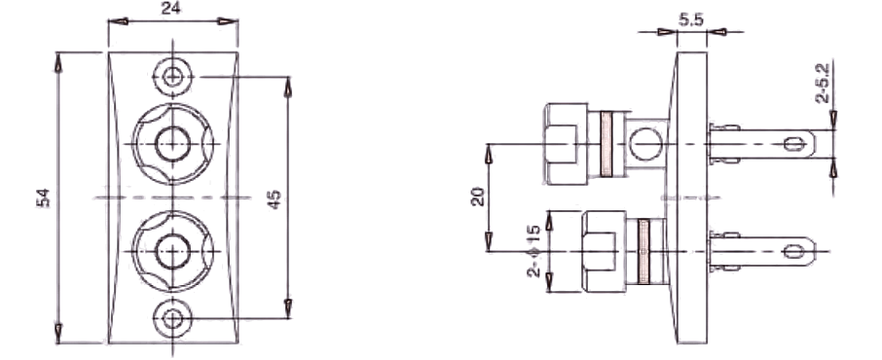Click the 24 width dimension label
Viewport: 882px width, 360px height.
[x=170, y=9]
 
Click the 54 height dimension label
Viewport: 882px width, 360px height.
[x=43, y=198]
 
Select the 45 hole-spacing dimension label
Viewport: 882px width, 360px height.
[x=274, y=199]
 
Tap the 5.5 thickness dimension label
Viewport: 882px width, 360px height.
[x=691, y=20]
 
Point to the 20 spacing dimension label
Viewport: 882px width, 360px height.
[x=478, y=197]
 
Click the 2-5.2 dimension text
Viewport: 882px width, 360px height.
[x=823, y=84]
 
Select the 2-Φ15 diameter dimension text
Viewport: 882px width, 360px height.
[x=533, y=251]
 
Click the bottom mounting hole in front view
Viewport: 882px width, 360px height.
[x=172, y=318]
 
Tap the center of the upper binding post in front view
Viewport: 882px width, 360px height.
[x=172, y=144]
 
